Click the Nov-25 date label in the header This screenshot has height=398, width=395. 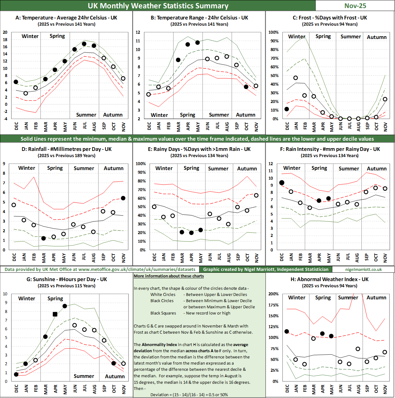tap(355, 6)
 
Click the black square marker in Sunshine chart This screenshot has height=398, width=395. tap(55, 314)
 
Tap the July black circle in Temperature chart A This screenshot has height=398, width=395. tap(84, 44)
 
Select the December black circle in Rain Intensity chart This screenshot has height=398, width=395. tap(282, 183)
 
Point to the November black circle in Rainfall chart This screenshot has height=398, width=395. tap(123, 198)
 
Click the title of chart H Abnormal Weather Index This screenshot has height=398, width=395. tap(330, 279)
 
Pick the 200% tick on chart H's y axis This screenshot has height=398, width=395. tap(273, 294)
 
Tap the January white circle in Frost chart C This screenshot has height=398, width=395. tap(296, 78)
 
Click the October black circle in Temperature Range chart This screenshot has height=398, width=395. tap(246, 87)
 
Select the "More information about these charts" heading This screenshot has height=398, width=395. tap(169, 276)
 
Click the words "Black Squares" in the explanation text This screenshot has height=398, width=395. tap(163, 313)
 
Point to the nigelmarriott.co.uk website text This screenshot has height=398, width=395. tap(363, 269)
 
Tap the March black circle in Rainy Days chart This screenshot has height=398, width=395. tap(182, 232)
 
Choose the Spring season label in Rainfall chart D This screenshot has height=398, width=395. tap(55, 168)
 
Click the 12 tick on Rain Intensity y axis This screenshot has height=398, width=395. tap(271, 164)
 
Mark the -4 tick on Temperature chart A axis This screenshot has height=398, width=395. tap(5, 119)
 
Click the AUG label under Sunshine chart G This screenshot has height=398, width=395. tap(95, 389)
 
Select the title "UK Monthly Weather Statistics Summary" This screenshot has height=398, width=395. tap(158, 6)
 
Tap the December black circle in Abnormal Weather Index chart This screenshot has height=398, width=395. tap(287, 332)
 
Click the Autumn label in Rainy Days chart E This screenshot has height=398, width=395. tap(247, 169)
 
